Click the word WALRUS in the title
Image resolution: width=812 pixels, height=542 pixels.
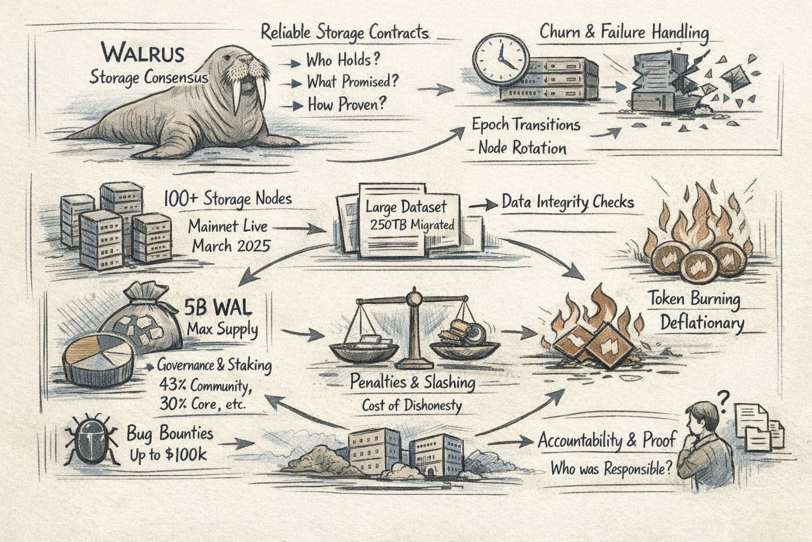pos(143,54)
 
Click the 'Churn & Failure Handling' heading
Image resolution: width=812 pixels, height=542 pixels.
pos(624,33)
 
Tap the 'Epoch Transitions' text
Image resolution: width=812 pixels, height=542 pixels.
pos(526,125)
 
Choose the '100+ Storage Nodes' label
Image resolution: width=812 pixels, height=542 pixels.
pos(227,199)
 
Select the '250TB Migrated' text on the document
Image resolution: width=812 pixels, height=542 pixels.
pos(412,225)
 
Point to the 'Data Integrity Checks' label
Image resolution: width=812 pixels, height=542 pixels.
pos(567,202)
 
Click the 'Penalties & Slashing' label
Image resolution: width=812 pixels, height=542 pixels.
pos(412,383)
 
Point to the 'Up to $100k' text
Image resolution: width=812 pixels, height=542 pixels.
pos(168,455)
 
